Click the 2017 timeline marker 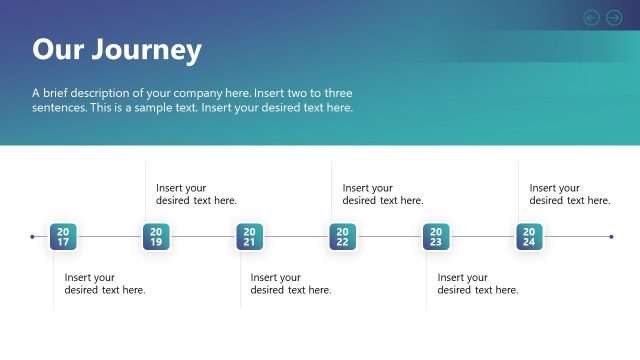63,237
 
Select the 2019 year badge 156,237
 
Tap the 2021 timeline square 249,237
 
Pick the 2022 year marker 342,237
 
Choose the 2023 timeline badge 436,237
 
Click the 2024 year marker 529,237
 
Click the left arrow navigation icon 591,17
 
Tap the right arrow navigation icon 614,17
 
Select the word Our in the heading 57,50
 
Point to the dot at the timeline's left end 32,237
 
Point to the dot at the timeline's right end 611,237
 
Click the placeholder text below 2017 105,284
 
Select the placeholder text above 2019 196,194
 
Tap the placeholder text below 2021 291,284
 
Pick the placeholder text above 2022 383,194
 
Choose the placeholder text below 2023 478,284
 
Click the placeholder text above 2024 570,194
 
